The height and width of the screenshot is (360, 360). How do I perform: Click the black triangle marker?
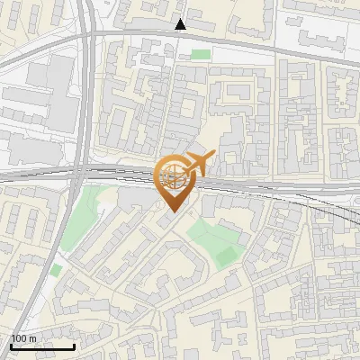pyautogui.click(x=181, y=24)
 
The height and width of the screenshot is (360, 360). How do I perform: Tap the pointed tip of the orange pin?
pyautogui.click(x=172, y=213)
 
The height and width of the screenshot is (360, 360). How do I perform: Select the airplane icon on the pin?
pyautogui.click(x=198, y=164)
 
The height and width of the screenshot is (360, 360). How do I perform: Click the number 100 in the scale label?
pyautogui.click(x=19, y=338)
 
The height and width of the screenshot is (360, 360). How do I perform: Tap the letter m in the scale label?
pyautogui.click(x=32, y=338)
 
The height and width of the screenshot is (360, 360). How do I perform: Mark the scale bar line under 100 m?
pyautogui.click(x=42, y=346)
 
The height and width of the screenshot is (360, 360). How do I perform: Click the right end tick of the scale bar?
pyautogui.click(x=74, y=345)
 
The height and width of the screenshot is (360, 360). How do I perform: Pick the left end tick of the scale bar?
pyautogui.click(x=11, y=345)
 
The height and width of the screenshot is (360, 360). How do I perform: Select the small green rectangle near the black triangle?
pyautogui.click(x=201, y=54)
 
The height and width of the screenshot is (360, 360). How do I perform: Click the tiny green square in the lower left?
pyautogui.click(x=56, y=270)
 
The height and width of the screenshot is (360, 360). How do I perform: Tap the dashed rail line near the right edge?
pyautogui.click(x=346, y=213)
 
